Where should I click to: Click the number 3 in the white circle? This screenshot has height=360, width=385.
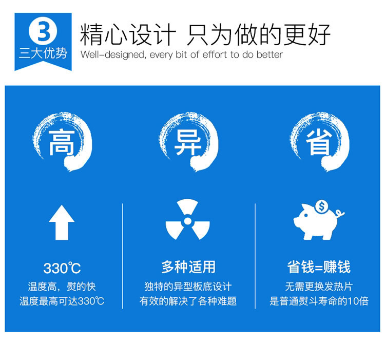click(44, 31)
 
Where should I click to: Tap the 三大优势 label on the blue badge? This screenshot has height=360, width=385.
click(43, 53)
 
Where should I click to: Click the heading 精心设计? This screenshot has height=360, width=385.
click(128, 34)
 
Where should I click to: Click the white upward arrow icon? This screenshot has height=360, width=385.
click(62, 222)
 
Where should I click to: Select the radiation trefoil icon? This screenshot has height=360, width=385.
click(187, 220)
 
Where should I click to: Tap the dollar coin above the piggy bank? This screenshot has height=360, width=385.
click(322, 206)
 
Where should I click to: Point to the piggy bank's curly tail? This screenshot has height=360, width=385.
click(340, 213)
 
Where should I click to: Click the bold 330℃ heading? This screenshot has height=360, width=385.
click(62, 268)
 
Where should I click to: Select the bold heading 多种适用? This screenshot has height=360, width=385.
click(188, 267)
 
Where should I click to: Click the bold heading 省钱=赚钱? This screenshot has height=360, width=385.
click(319, 267)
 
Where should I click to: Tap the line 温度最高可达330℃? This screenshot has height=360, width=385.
click(62, 301)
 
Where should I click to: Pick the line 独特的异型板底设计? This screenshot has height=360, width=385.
click(188, 287)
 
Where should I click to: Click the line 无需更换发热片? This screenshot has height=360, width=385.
click(319, 287)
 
